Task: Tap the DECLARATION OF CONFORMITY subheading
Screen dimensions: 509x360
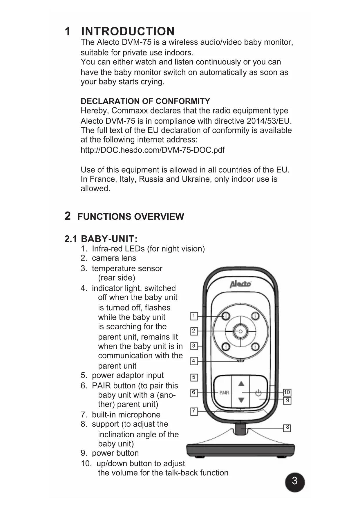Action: (145, 101)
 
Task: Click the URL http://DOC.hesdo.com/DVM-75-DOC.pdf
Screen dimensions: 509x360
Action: (152, 150)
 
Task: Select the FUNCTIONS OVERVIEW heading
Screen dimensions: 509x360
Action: (131, 217)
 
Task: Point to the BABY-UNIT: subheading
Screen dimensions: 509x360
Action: (109, 239)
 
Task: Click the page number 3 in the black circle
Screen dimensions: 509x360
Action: (294, 481)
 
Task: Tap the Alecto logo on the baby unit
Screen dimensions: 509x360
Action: (240, 284)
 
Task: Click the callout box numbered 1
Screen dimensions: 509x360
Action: (194, 316)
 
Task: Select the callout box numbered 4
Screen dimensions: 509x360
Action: (194, 361)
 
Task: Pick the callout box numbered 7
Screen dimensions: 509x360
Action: (194, 411)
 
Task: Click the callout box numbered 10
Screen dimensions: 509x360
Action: (287, 392)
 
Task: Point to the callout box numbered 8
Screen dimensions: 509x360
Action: (287, 427)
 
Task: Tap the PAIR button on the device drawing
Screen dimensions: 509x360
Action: (224, 393)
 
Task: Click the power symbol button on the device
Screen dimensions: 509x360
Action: (258, 393)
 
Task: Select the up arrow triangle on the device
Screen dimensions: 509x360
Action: (241, 384)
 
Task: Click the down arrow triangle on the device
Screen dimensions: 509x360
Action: (241, 400)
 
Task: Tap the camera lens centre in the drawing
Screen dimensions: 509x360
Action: (240, 331)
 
